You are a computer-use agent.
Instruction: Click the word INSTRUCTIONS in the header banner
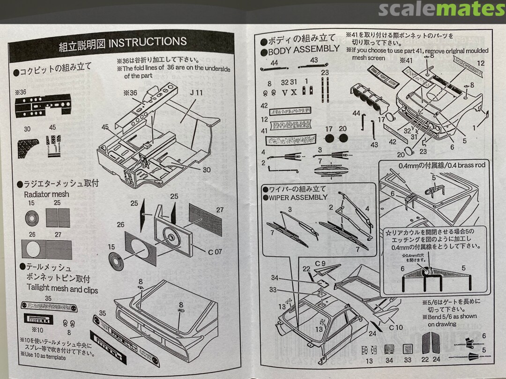point(148,43)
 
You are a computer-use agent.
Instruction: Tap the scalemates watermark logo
point(441,9)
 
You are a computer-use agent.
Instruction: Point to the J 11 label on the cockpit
point(196,93)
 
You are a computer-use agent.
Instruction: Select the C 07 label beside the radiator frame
point(215,252)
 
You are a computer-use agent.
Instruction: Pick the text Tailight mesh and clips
point(62,289)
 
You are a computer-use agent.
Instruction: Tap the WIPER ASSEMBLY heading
point(298,197)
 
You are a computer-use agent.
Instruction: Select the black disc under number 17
point(329,138)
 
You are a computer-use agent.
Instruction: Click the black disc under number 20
point(342,138)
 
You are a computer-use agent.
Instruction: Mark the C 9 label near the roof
point(320,263)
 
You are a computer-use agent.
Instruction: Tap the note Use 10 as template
point(43,357)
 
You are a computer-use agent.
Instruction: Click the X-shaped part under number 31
point(294,92)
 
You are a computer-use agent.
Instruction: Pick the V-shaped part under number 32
point(284,92)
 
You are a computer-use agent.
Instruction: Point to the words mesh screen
point(369,58)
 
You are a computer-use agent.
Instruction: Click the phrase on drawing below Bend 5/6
point(441,324)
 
